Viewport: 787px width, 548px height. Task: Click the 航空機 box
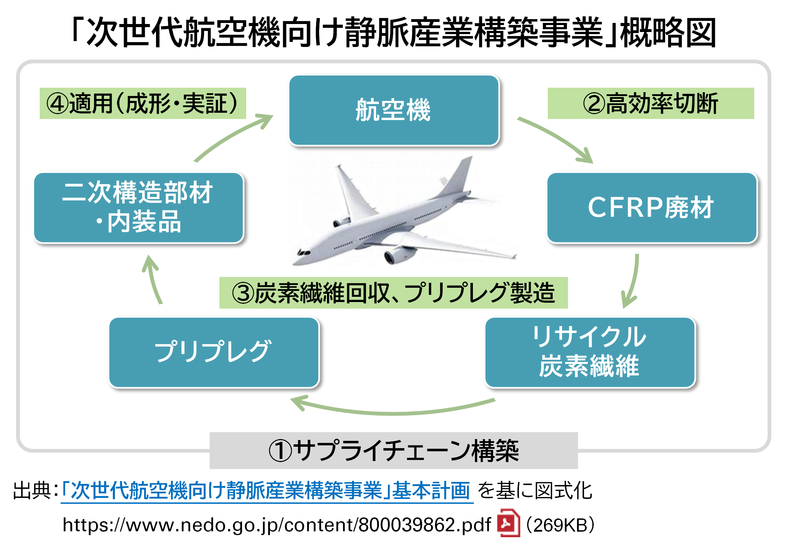tap(394, 110)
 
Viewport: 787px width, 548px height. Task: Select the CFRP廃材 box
tap(652, 208)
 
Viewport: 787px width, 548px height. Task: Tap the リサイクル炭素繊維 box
tap(590, 352)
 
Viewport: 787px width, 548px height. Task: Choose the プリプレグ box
tap(214, 352)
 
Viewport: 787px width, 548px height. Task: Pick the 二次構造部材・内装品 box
tap(139, 208)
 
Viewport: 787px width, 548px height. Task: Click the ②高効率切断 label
tap(650, 103)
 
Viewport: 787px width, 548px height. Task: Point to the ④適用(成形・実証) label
tap(143, 103)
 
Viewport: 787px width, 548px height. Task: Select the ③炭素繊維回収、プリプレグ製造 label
tap(393, 293)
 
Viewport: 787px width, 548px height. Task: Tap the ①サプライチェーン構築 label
tap(393, 451)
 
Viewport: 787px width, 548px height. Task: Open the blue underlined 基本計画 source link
tap(266, 491)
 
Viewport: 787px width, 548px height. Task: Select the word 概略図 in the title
tap(668, 32)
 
